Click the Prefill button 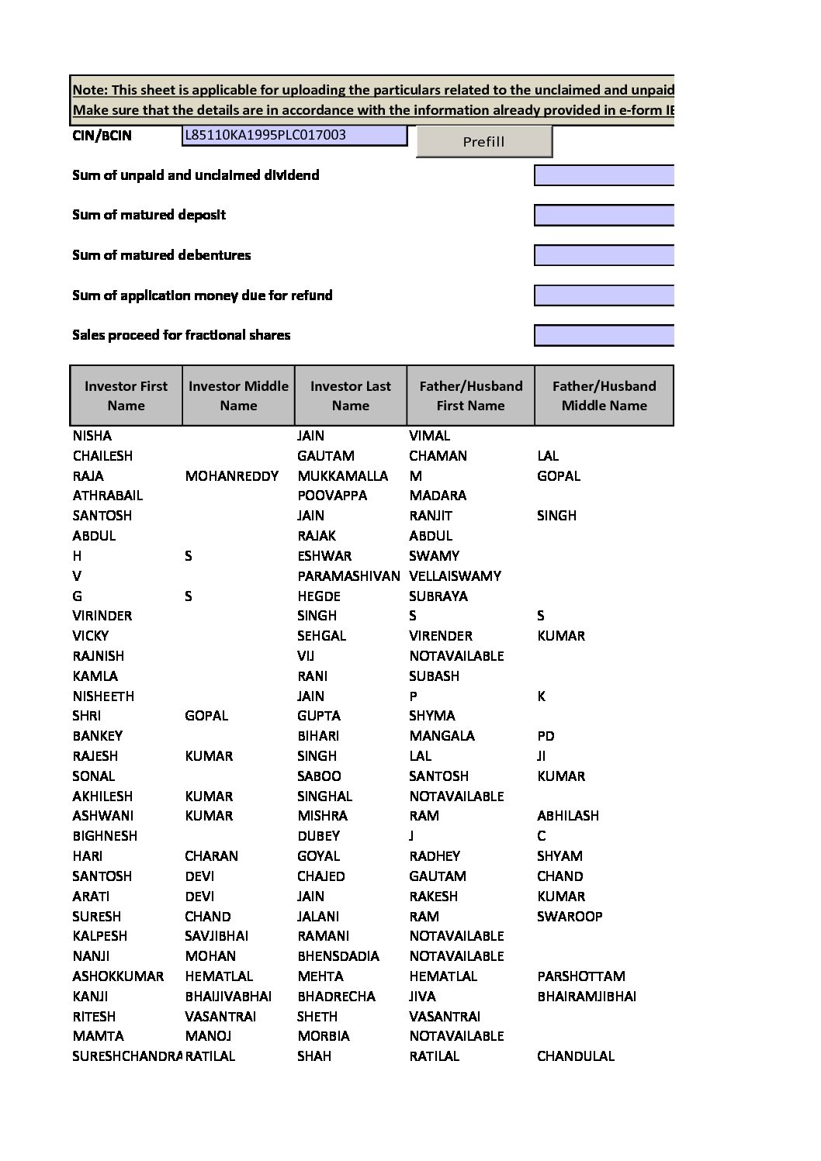click(x=483, y=141)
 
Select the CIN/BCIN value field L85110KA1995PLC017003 click(x=295, y=136)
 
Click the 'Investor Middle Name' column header click(x=238, y=396)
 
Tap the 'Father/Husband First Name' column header click(x=470, y=396)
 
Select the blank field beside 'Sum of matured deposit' click(x=603, y=215)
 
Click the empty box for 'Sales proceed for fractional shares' click(x=603, y=335)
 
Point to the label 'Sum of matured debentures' click(x=161, y=255)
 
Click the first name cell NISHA click(x=92, y=436)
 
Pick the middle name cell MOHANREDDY click(x=231, y=476)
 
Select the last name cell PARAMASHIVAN click(x=348, y=576)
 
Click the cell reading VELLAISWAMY click(x=455, y=576)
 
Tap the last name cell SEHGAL click(x=321, y=636)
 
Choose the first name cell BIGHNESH click(x=105, y=836)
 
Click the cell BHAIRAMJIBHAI click(x=586, y=997)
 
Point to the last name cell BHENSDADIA click(x=338, y=956)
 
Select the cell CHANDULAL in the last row click(x=575, y=1056)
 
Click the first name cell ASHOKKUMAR click(x=118, y=976)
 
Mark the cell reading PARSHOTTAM click(x=580, y=976)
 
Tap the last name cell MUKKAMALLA click(x=342, y=476)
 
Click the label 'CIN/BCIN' click(x=102, y=136)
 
